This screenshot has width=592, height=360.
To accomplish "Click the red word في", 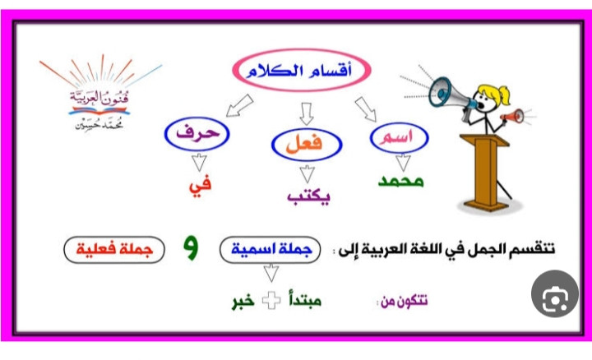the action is pyautogui.click(x=200, y=186).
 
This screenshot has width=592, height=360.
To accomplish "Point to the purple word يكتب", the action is pyautogui.click(x=308, y=196).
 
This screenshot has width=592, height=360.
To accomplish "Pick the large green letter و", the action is pyautogui.click(x=191, y=248).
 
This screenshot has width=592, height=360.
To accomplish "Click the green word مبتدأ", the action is pyautogui.click(x=305, y=300).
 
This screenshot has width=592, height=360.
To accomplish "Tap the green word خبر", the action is pyautogui.click(x=243, y=301).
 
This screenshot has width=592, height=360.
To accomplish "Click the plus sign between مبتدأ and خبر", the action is pyautogui.click(x=271, y=301).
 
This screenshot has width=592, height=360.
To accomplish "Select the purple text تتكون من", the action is pyautogui.click(x=404, y=301).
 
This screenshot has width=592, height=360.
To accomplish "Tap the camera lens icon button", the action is pyautogui.click(x=555, y=293).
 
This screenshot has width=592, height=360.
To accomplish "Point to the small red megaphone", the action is pyautogui.click(x=512, y=116).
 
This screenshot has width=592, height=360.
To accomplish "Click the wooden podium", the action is pyautogui.click(x=486, y=172).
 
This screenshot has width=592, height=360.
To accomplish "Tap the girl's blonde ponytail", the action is pyautogui.click(x=504, y=96).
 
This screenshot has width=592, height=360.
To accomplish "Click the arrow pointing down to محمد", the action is pyautogui.click(x=403, y=162).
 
